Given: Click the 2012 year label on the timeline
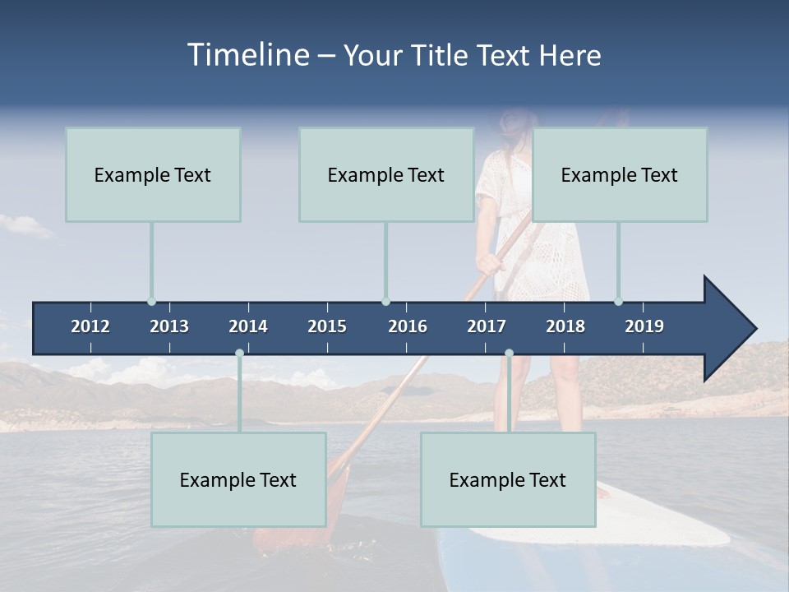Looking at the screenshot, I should coord(90,326).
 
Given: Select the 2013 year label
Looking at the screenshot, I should coord(169,326).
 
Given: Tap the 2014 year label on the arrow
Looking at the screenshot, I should coord(248,326).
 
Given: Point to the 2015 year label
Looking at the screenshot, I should coord(327,326).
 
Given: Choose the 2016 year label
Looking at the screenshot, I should coord(408,326).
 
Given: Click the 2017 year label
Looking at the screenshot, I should coord(487,326).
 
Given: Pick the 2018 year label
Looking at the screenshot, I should coord(565,326).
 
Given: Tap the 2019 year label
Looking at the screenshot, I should coord(644,326).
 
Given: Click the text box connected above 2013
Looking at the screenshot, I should coord(153,174).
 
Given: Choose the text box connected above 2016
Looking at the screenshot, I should coord(386,174).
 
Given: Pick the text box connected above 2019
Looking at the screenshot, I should coord(620,174).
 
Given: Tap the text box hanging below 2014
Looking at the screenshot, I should coord(238,479).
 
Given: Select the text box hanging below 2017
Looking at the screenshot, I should coord(508,479).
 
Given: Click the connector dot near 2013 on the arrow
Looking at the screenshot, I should coord(151,302).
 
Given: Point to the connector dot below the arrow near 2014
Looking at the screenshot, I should coord(239,354).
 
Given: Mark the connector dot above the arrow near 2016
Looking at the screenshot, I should coord(386,302).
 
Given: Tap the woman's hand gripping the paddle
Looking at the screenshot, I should coord(490,263).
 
